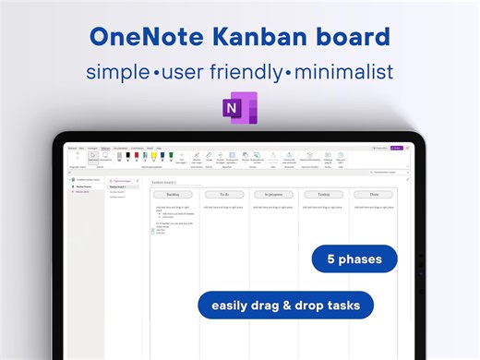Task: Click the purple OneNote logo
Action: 239,107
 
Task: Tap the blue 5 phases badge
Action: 354,259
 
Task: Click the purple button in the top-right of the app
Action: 398,147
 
